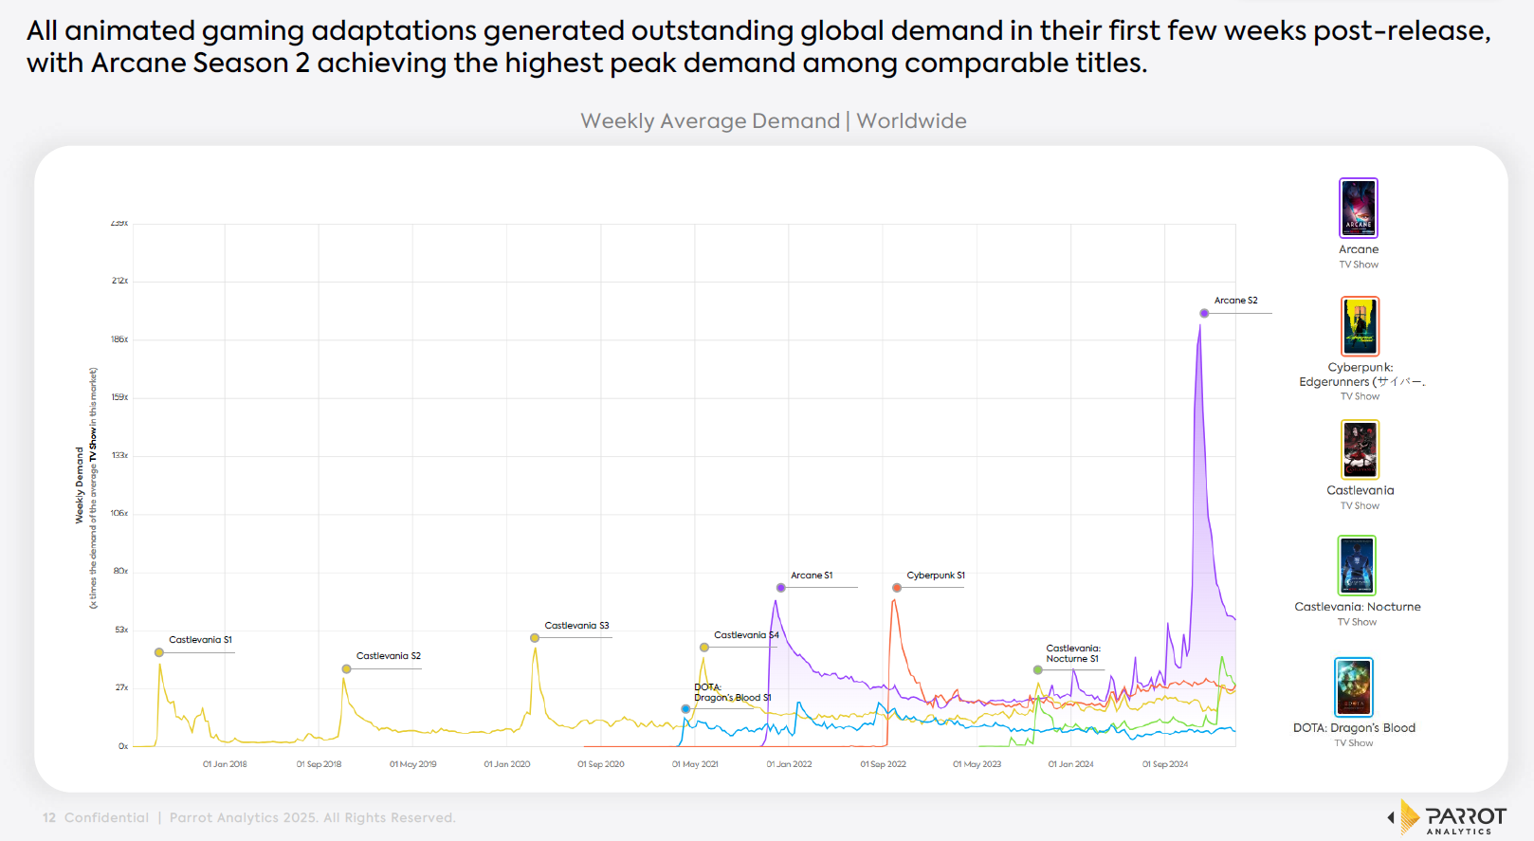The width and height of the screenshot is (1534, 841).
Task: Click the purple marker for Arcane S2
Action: (x=1204, y=313)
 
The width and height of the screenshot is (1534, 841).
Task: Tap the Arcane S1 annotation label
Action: (x=812, y=576)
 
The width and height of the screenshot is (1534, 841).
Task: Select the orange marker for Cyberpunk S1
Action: (x=897, y=588)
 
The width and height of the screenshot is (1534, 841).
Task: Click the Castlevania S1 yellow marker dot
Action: (x=159, y=652)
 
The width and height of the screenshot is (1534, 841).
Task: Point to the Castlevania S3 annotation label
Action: (x=576, y=626)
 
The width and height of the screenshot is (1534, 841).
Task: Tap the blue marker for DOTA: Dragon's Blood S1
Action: (x=685, y=709)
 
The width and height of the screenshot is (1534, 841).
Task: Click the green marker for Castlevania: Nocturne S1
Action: (x=1038, y=670)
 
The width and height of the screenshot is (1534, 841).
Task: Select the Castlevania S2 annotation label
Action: (x=388, y=656)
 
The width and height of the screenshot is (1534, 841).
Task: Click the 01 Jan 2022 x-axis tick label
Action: (x=789, y=764)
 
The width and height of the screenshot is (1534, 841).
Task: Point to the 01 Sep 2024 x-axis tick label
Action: (x=1164, y=764)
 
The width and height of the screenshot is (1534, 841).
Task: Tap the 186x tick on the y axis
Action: (x=119, y=339)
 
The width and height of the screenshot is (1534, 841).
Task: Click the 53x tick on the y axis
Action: (x=121, y=630)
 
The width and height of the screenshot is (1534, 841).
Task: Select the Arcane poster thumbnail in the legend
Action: (x=1358, y=208)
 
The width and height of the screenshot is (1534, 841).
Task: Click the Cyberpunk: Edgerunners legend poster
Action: (x=1360, y=326)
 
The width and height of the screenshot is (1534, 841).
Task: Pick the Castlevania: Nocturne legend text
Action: (x=1357, y=607)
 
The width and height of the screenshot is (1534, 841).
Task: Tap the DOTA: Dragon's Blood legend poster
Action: (x=1353, y=687)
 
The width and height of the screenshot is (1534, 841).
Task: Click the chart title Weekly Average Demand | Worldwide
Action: (x=773, y=121)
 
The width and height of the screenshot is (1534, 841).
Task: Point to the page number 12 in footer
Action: (x=49, y=818)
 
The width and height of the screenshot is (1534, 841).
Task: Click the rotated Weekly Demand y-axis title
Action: (x=80, y=485)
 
